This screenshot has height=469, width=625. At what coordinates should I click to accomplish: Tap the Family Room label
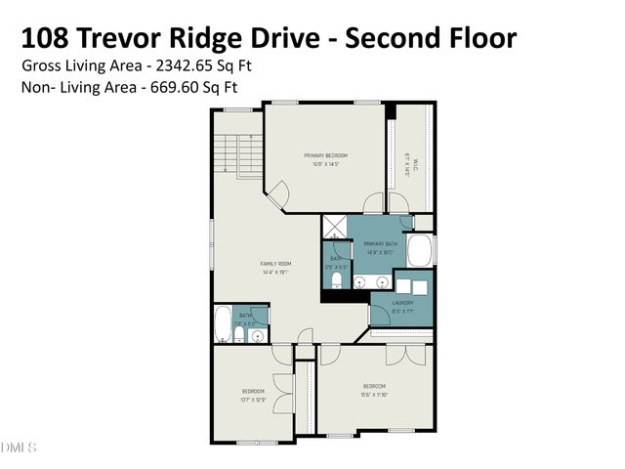click(276, 268)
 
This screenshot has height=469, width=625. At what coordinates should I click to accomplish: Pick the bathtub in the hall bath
click(223, 323)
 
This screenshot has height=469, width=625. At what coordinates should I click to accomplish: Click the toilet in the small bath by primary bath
click(337, 282)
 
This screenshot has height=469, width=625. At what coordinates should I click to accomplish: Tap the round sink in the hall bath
click(258, 336)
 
